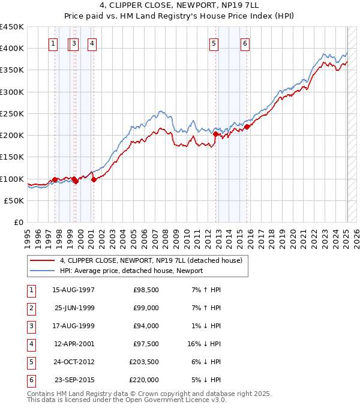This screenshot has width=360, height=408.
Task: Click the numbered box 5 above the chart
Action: click(214, 43)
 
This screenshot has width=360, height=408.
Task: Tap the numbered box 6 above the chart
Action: click(245, 43)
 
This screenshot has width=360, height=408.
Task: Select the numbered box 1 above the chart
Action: click(53, 43)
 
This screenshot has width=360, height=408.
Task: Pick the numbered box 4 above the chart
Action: click(92, 43)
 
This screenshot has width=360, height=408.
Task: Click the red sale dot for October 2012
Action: click(215, 134)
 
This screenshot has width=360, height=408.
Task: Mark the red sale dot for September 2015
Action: click(247, 127)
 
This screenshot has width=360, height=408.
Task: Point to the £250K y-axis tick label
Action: click(12, 113)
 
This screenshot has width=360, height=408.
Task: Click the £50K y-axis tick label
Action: click(14, 200)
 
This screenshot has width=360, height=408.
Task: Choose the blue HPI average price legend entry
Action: click(131, 271)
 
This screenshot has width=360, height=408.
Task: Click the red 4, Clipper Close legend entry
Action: click(151, 260)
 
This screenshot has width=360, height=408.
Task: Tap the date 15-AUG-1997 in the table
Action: click(74, 290)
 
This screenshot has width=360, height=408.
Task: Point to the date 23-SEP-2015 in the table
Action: click(74, 380)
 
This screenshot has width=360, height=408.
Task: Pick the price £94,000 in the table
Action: click(146, 326)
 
